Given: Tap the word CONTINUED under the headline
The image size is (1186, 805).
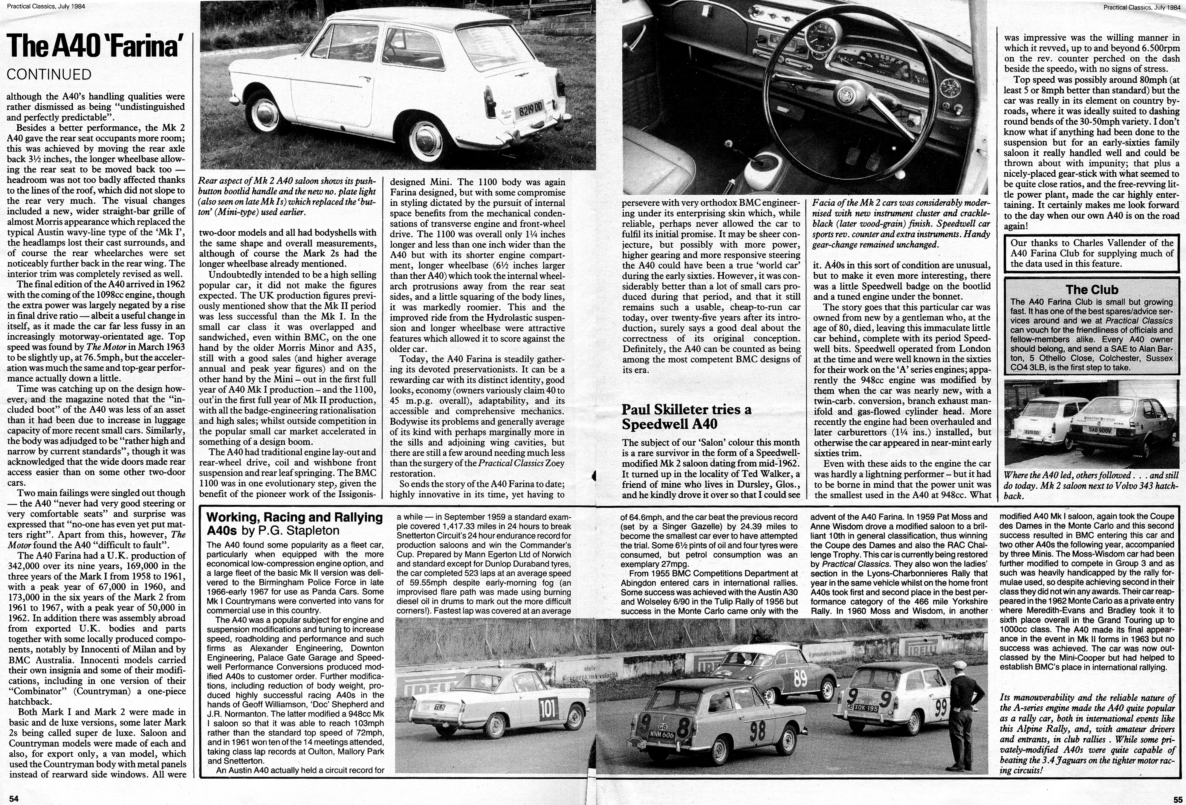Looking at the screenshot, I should click(49, 75).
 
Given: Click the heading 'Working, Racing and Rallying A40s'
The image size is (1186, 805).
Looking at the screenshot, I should click(295, 523).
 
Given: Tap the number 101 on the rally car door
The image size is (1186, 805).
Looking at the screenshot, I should click(548, 709).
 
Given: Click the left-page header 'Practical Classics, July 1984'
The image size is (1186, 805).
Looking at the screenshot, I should click(46, 7).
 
